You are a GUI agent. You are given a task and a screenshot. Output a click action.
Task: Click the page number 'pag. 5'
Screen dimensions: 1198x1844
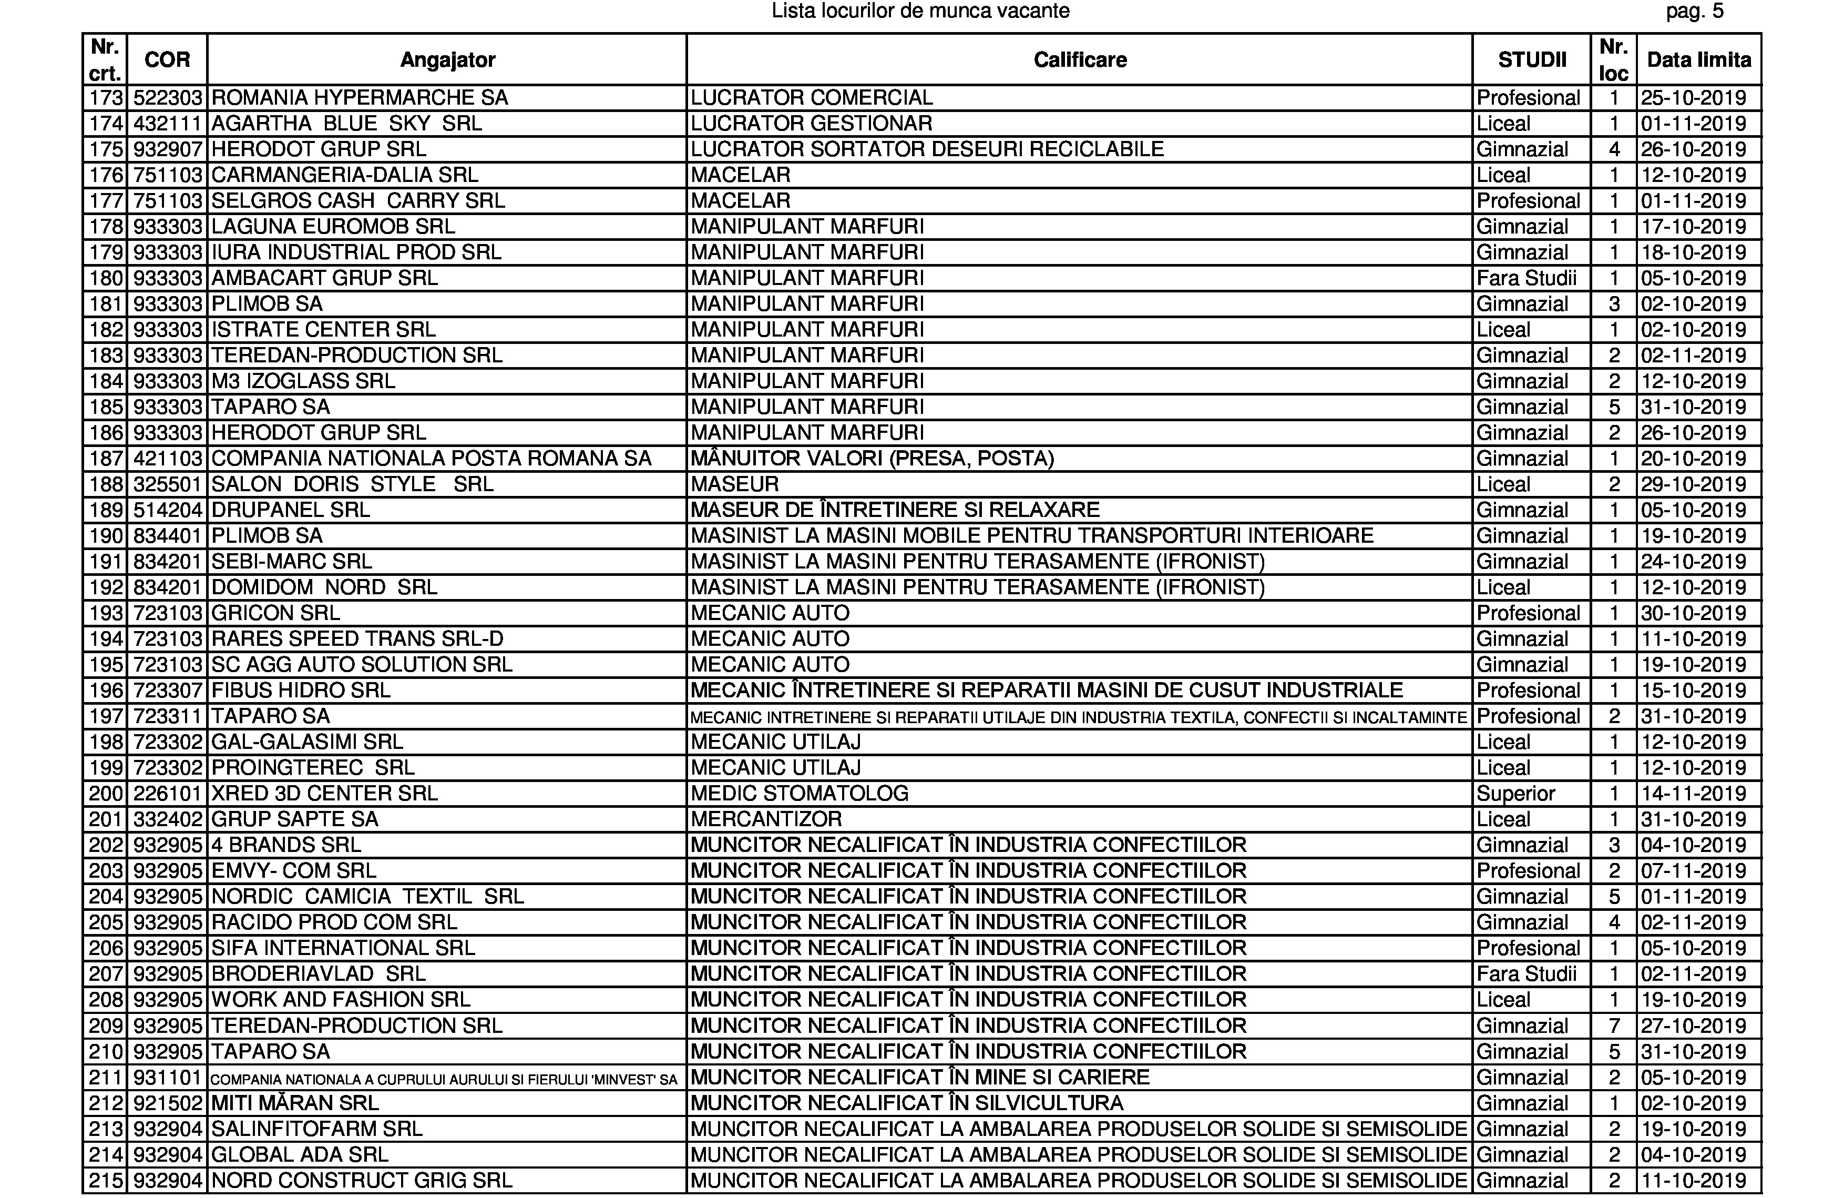click(x=1695, y=12)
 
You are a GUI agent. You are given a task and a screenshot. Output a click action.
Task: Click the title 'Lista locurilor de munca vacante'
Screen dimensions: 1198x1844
click(x=920, y=12)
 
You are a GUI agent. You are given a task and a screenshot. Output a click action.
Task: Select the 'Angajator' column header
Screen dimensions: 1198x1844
click(x=447, y=59)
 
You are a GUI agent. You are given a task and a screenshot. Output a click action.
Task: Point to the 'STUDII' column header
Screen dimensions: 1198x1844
click(x=1532, y=59)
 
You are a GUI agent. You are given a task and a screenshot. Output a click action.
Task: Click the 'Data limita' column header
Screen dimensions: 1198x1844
click(x=1698, y=59)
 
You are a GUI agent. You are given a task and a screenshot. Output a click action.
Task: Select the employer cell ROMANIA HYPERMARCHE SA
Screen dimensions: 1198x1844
click(x=360, y=98)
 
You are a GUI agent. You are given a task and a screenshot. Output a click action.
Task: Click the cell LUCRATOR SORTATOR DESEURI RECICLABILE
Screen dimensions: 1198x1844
click(x=927, y=149)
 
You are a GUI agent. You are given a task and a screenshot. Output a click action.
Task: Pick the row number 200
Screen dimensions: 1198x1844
click(x=106, y=794)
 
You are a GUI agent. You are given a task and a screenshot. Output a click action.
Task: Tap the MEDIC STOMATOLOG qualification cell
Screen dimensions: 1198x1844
click(x=799, y=794)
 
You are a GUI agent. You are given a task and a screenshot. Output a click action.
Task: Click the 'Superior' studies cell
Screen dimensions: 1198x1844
click(x=1515, y=794)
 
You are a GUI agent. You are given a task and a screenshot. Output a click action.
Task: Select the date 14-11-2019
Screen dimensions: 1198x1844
click(x=1693, y=794)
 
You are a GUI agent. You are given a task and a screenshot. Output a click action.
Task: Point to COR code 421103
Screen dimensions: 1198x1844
click(x=167, y=459)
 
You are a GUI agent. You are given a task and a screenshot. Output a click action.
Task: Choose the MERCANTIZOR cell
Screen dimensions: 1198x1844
click(x=765, y=819)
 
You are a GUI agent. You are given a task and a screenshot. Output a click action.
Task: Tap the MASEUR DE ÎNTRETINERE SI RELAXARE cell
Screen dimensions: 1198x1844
click(x=895, y=510)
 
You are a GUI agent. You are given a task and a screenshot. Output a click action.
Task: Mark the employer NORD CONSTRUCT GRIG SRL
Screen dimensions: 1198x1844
click(x=361, y=1180)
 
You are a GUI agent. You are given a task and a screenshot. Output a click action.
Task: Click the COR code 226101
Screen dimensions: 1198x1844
click(x=167, y=794)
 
